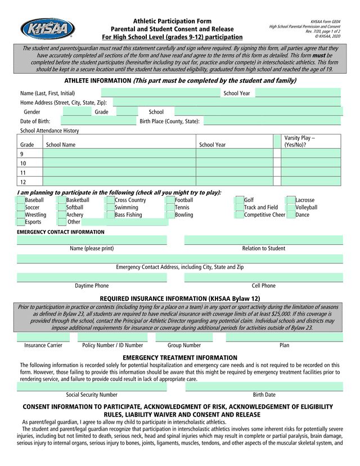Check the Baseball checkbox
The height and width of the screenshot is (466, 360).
(x=21, y=200)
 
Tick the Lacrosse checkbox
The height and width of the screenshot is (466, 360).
(x=291, y=200)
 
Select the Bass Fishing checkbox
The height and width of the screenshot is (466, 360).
(x=111, y=215)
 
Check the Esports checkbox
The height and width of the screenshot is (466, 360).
(x=21, y=222)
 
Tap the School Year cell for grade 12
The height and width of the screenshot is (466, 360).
(x=234, y=182)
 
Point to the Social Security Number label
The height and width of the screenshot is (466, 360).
(x=92, y=395)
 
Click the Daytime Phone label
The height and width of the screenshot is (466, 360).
(x=92, y=286)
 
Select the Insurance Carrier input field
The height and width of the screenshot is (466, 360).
(x=43, y=337)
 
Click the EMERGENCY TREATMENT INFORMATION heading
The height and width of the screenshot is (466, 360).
(x=180, y=358)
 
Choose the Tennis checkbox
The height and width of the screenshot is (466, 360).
(x=170, y=208)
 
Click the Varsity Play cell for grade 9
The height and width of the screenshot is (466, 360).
(x=310, y=154)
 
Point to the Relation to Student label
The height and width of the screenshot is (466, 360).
(x=263, y=248)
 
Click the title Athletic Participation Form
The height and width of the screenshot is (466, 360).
(x=172, y=21)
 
